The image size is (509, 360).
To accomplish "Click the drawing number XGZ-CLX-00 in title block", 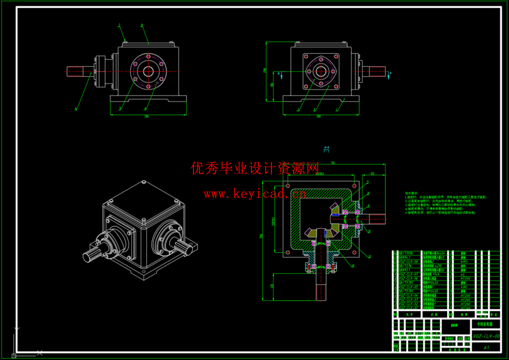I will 486,336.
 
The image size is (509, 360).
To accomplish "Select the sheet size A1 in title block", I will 486,348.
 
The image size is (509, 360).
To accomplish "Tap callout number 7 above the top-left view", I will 119,25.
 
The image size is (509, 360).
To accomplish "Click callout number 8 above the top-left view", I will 142,25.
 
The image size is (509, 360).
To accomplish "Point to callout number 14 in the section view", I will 353,266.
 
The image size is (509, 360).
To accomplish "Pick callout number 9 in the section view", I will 367,182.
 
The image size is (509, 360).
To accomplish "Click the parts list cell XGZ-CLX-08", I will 408,262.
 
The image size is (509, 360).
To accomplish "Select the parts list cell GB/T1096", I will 406,253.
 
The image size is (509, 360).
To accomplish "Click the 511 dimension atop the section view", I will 333,163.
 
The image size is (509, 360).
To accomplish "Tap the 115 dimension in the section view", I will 372,173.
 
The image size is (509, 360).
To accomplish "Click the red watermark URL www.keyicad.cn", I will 255,194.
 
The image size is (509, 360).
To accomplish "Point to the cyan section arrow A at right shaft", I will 389,75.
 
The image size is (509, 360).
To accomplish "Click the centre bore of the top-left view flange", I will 148,71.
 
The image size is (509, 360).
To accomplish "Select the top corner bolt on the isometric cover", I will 144,182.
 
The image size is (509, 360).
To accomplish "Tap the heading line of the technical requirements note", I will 411,193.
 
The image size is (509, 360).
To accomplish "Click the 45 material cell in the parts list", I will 463,274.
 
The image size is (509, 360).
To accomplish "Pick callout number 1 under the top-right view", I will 337,109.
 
